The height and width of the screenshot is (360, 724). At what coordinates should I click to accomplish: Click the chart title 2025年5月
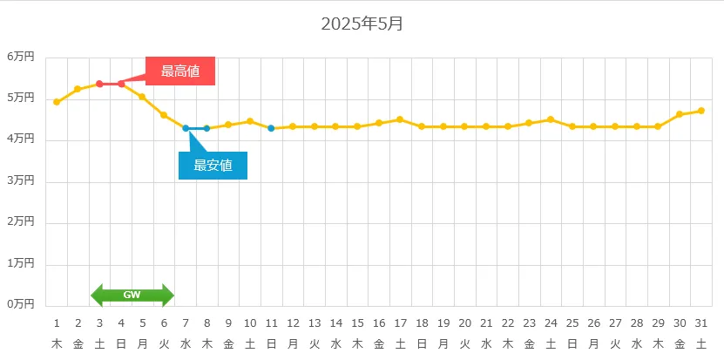[362, 24]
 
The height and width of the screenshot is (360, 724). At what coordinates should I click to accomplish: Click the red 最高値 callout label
[180, 71]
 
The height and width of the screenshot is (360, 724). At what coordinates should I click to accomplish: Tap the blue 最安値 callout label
[213, 166]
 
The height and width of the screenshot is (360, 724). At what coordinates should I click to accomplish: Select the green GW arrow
[132, 295]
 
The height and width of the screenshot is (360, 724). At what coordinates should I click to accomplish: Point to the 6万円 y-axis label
[22, 57]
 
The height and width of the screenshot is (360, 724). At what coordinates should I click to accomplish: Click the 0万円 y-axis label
[22, 304]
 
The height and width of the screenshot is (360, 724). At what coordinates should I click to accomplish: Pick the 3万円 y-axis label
[22, 180]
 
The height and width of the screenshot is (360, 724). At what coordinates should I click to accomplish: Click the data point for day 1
[57, 102]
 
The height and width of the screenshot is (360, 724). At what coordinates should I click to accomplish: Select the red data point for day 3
[99, 84]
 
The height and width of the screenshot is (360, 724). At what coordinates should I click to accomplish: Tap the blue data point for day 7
[186, 128]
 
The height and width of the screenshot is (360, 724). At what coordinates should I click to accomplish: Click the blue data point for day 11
[271, 128]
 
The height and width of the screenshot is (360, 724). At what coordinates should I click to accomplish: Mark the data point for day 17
[400, 119]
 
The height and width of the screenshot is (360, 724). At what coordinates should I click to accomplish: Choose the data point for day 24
[551, 119]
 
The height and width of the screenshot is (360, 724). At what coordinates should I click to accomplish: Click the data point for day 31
[701, 111]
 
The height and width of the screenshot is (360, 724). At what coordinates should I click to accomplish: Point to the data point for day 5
[142, 97]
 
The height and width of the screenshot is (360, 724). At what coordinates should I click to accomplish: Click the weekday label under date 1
[57, 343]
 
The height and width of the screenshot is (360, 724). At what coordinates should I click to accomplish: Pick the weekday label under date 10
[250, 343]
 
